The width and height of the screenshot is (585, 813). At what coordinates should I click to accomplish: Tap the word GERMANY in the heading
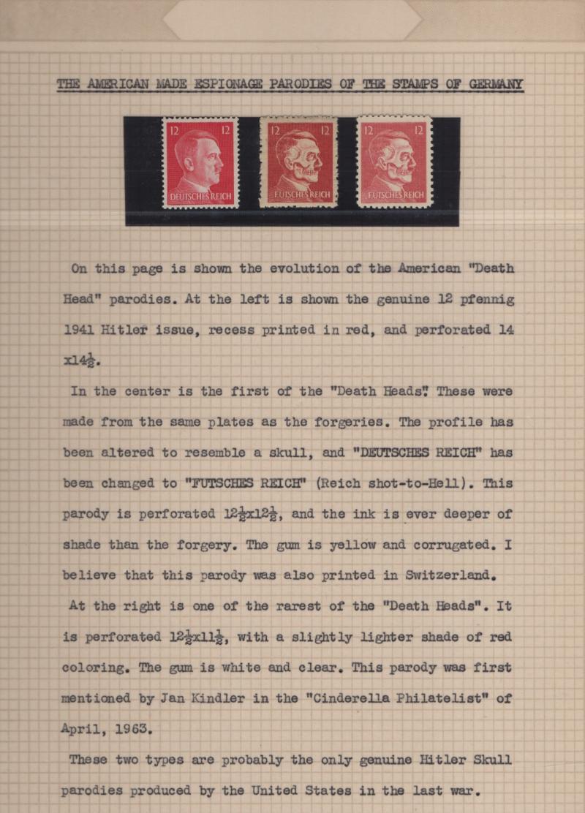coord(495,84)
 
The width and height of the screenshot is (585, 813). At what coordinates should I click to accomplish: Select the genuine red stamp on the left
coord(200,164)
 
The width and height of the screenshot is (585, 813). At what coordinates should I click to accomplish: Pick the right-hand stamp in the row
coord(395,162)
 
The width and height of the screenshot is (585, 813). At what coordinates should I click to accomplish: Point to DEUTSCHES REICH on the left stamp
coord(200,197)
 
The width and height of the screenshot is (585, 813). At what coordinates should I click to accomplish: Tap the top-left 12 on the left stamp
coord(174,130)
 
